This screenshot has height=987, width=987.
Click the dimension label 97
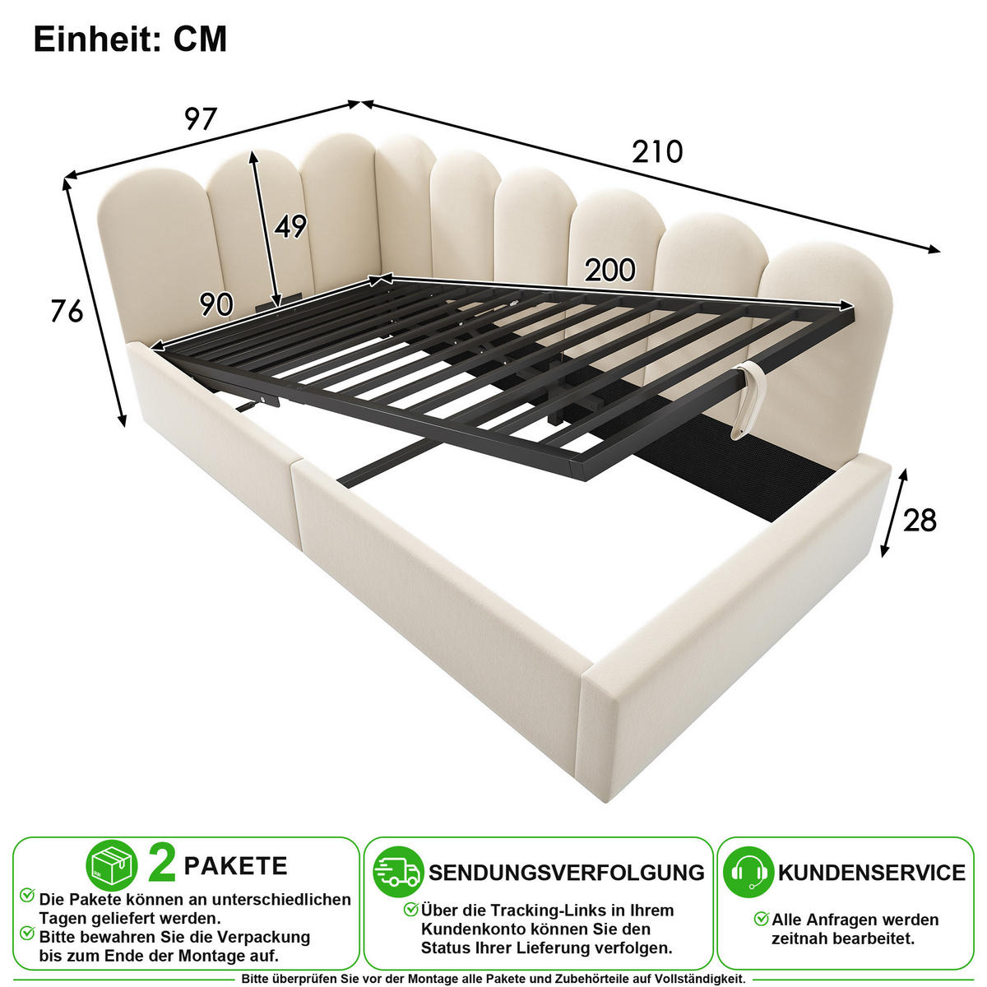pyautogui.click(x=201, y=119)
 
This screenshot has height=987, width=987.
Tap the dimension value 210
pyautogui.click(x=657, y=151)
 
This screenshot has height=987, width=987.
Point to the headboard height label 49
pyautogui.click(x=290, y=226)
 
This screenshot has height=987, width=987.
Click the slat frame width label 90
pyautogui.click(x=216, y=304)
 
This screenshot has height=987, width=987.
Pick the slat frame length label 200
pyautogui.click(x=610, y=270)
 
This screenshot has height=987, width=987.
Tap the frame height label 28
pyautogui.click(x=920, y=521)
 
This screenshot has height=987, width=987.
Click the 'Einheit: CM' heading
pyautogui.click(x=130, y=39)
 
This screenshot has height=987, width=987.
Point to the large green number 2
pyautogui.click(x=162, y=864)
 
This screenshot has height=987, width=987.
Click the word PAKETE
pyautogui.click(x=235, y=866)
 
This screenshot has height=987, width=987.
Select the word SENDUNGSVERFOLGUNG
pyautogui.click(x=567, y=873)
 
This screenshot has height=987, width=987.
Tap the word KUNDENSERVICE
pyautogui.click(x=872, y=873)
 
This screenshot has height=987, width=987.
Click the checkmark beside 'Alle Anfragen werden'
pyautogui.click(x=762, y=918)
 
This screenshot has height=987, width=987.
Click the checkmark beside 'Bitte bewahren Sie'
pyautogui.click(x=27, y=933)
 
